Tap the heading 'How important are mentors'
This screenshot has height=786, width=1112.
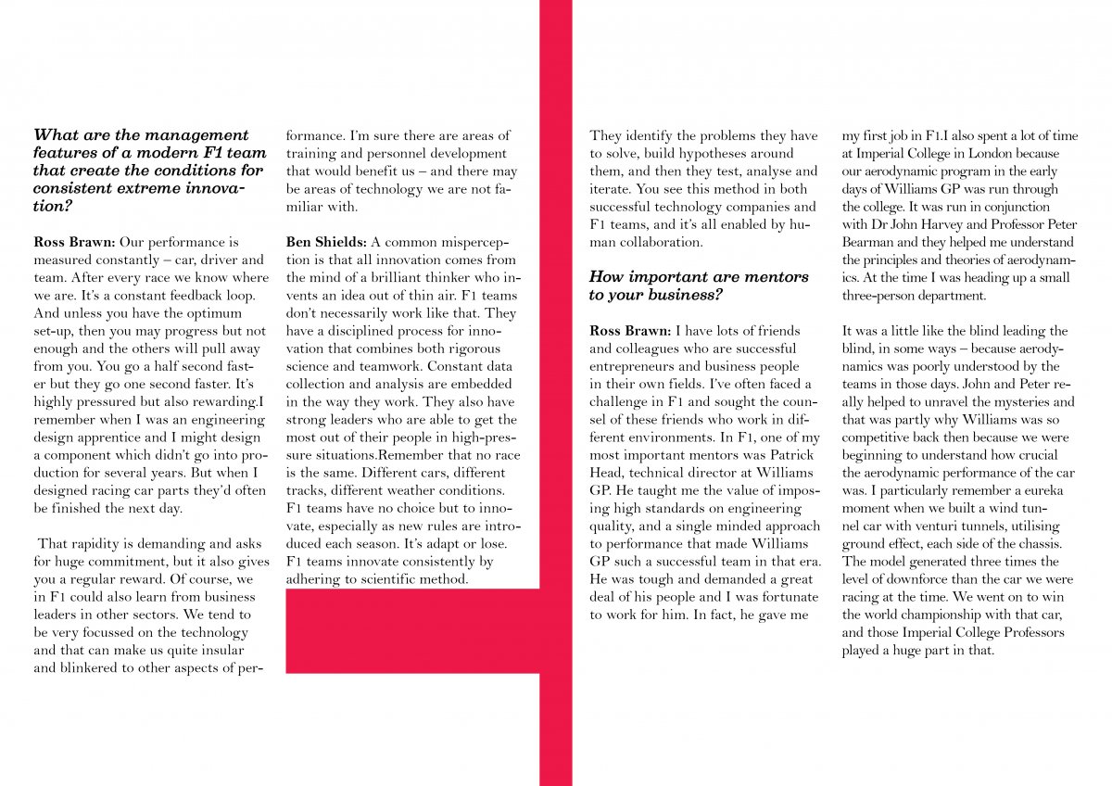click(x=699, y=285)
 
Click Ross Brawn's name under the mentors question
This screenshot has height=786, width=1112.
click(x=630, y=331)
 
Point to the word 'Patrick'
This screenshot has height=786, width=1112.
click(x=789, y=454)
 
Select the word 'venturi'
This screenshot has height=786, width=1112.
click(x=949, y=526)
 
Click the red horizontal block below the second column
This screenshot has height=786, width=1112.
click(x=413, y=630)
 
